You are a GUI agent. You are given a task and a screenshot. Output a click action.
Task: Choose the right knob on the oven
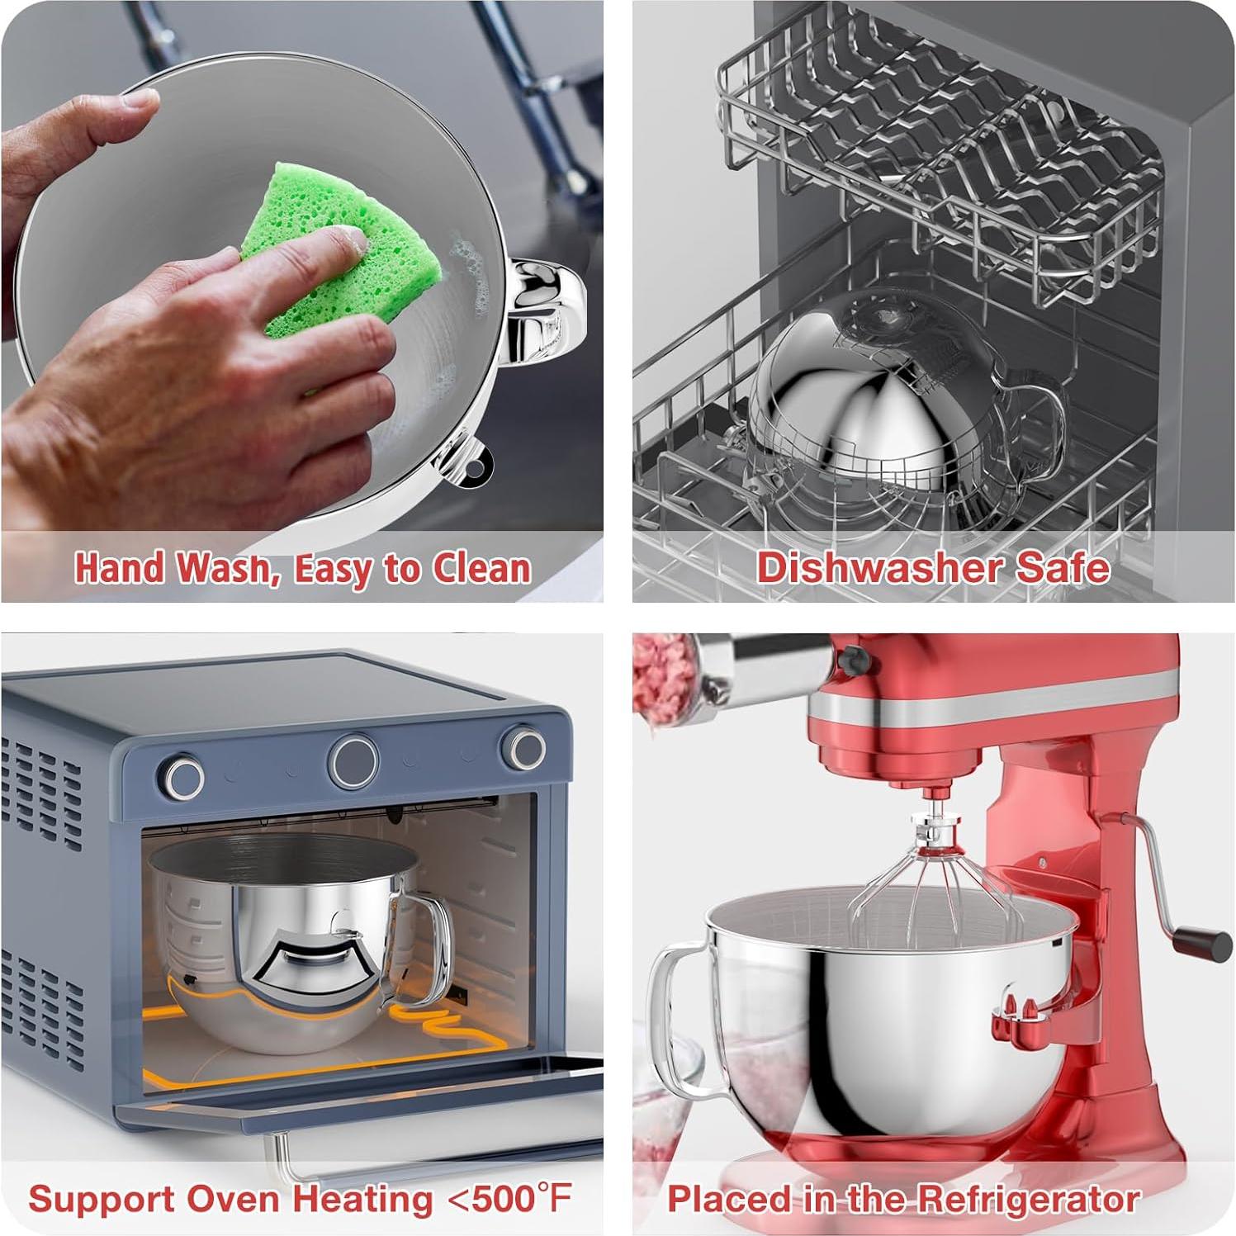point(524,747)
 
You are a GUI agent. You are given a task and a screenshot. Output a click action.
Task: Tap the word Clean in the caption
point(482,568)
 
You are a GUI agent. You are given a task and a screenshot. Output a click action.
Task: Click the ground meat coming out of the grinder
point(661,677)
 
